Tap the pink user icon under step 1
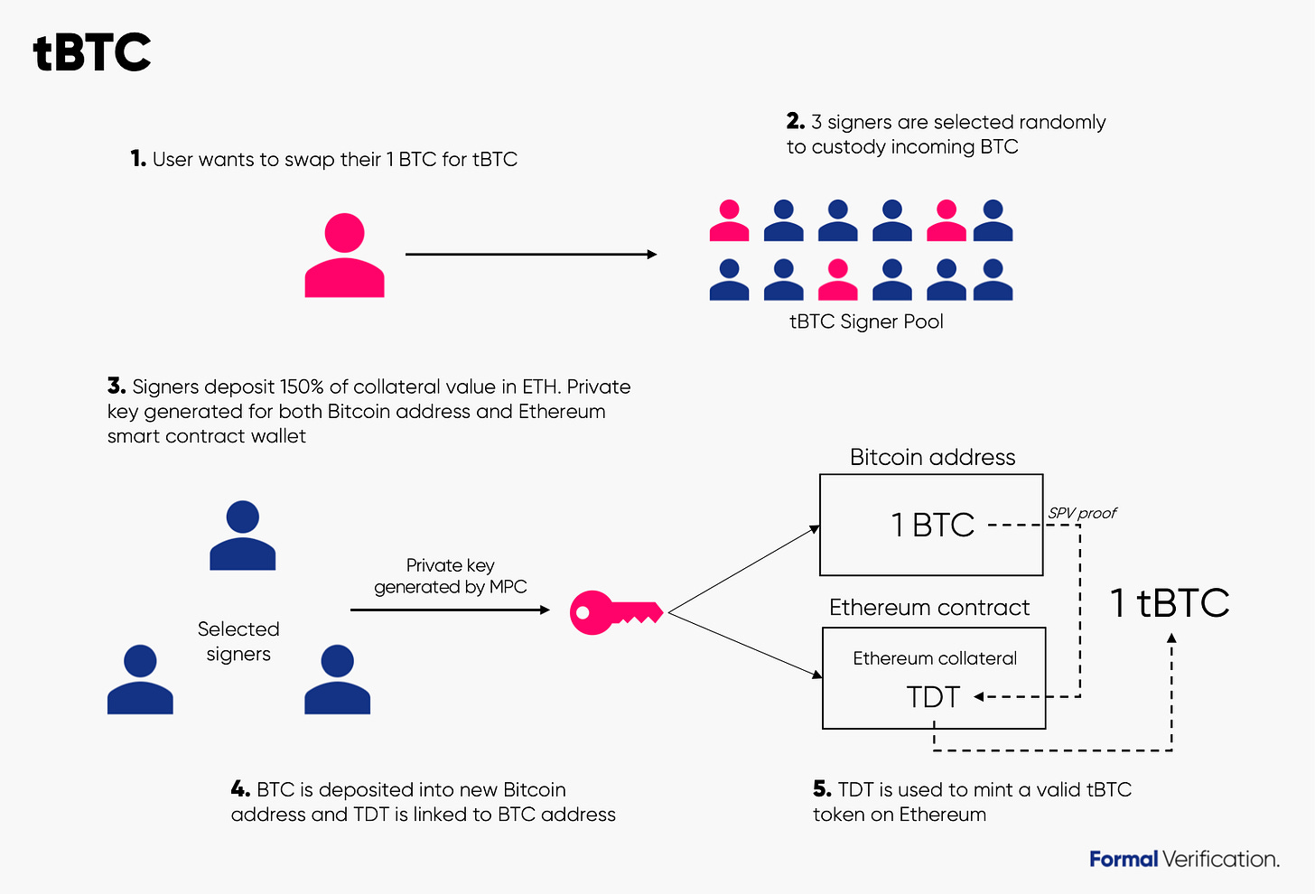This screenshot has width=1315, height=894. [x=344, y=256]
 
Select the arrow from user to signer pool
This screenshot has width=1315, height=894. [x=530, y=255]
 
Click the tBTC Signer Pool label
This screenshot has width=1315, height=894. [x=866, y=321]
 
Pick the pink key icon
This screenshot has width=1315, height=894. [x=615, y=612]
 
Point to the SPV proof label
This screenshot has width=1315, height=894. [x=1082, y=513]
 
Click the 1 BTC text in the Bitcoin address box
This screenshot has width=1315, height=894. [x=933, y=525]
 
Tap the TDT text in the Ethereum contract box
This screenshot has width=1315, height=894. [x=933, y=697]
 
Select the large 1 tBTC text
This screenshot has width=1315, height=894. [x=1170, y=602]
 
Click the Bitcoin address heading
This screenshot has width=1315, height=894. [x=932, y=457]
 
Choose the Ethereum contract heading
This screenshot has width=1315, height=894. [x=929, y=607]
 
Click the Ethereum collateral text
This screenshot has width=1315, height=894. [x=935, y=658]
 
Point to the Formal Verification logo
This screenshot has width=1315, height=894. [x=1184, y=859]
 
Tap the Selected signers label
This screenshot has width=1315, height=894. [x=238, y=641]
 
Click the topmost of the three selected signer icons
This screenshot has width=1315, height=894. [x=242, y=535]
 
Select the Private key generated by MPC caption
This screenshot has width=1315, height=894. [x=450, y=576]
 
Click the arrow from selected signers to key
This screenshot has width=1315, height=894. [x=450, y=610]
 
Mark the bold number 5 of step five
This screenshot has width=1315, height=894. [x=821, y=789]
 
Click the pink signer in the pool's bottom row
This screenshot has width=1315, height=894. [x=837, y=280]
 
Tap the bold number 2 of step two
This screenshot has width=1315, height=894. [x=795, y=121]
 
